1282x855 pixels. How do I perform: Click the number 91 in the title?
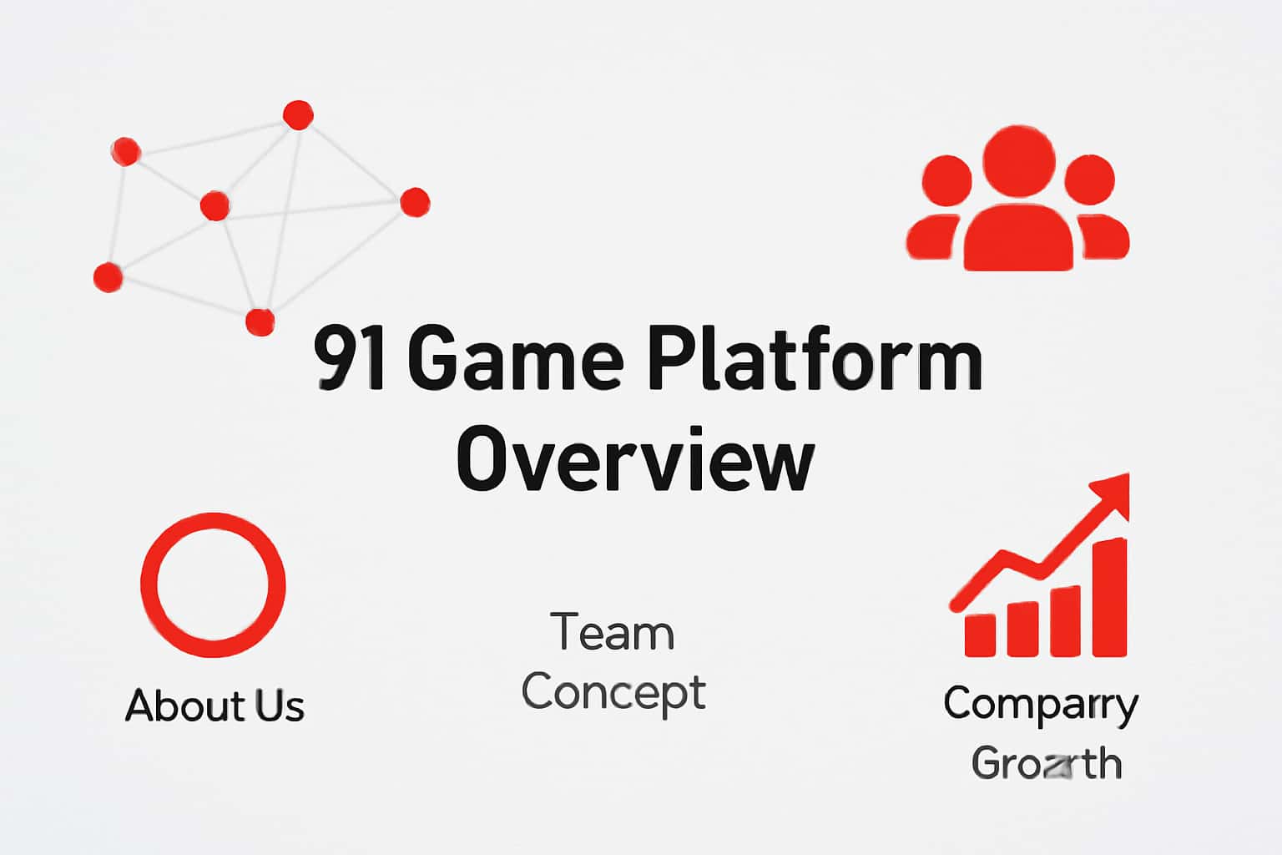point(350,360)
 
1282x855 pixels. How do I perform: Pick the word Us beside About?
point(280,706)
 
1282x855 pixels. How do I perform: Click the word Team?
point(613,632)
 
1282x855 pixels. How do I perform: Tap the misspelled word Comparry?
point(1041,704)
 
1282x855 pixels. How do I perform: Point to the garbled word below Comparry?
point(1046,762)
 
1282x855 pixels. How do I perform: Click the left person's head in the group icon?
point(947,180)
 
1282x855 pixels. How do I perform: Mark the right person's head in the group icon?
point(1089,180)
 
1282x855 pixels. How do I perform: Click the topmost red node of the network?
point(298,114)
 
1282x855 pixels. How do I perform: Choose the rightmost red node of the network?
point(415,202)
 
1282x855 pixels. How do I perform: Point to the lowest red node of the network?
point(260,321)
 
